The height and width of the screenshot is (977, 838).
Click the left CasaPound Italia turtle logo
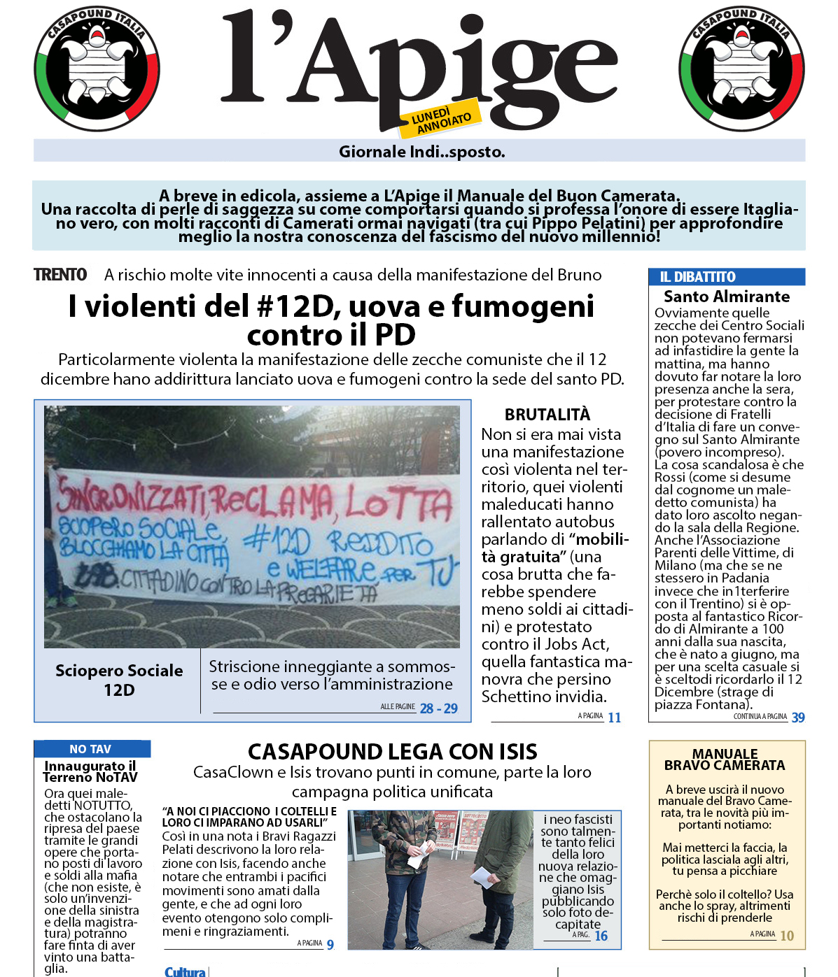[97, 69]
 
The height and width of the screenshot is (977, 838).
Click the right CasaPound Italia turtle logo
[741, 69]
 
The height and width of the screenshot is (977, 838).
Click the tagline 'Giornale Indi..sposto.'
[421, 152]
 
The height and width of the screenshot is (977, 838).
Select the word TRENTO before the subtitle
[61, 275]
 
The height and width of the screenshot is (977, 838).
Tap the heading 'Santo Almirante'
[726, 297]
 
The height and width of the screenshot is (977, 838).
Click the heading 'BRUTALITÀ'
[547, 415]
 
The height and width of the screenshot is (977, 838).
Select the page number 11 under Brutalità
[614, 718]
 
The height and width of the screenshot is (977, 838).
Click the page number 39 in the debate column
[797, 718]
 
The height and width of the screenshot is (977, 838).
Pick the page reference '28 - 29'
[438, 708]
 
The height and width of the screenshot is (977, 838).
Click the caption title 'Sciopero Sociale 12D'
[119, 680]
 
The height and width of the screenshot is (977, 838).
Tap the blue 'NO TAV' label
[90, 749]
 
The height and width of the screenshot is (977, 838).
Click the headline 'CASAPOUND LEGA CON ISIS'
[393, 752]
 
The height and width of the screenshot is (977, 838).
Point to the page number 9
[330, 945]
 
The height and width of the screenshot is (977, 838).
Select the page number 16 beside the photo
[601, 936]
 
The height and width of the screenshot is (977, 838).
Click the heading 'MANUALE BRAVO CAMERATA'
[725, 760]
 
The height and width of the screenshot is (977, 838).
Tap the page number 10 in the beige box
[787, 936]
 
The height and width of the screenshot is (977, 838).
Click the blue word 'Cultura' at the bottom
[185, 971]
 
